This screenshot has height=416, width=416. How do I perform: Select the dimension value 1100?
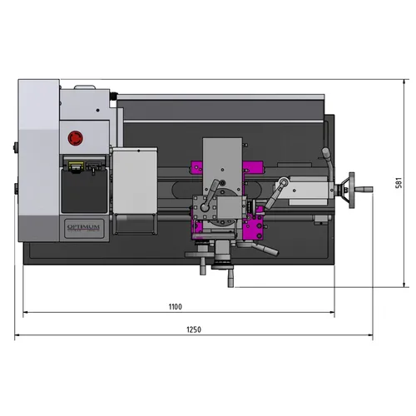[x=175, y=306]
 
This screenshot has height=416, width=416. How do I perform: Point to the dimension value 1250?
[x=193, y=329]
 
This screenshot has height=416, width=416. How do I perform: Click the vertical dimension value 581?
[x=399, y=183]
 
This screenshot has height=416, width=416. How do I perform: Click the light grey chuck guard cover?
[x=134, y=180]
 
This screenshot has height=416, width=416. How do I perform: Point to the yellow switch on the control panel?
[x=77, y=164]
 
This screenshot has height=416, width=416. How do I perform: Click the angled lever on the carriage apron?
[x=264, y=249]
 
